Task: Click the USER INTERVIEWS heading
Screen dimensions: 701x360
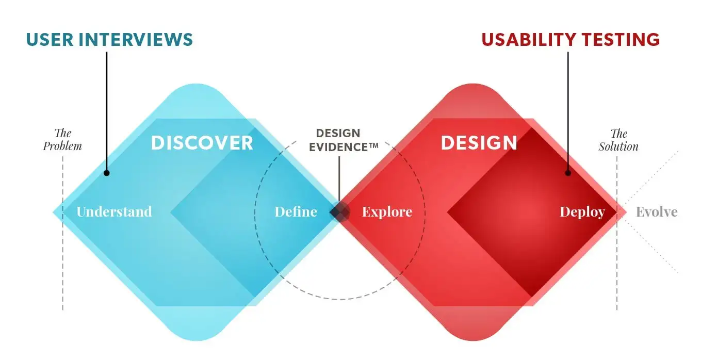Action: (x=109, y=40)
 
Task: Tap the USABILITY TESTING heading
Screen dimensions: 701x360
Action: (x=570, y=40)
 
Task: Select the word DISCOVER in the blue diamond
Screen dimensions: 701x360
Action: (x=202, y=143)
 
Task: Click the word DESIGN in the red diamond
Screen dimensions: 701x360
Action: (x=479, y=143)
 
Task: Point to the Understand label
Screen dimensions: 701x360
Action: (x=114, y=211)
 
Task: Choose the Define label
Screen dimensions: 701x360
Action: (x=296, y=211)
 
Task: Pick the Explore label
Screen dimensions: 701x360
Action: (x=387, y=212)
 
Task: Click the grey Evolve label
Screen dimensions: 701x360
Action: (x=657, y=212)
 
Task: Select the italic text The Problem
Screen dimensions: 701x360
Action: (x=62, y=140)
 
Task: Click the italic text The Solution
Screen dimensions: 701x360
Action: (x=618, y=140)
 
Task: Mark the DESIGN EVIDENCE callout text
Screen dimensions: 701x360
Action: (x=344, y=140)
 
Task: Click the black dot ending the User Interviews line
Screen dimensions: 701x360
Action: (x=107, y=173)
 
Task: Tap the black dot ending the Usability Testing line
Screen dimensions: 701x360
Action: (x=568, y=173)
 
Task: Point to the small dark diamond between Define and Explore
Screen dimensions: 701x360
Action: (x=339, y=212)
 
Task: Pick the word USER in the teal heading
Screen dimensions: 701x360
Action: (x=50, y=40)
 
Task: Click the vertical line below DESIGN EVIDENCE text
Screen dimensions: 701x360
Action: (x=339, y=179)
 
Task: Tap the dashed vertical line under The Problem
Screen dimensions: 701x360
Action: (x=62, y=233)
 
